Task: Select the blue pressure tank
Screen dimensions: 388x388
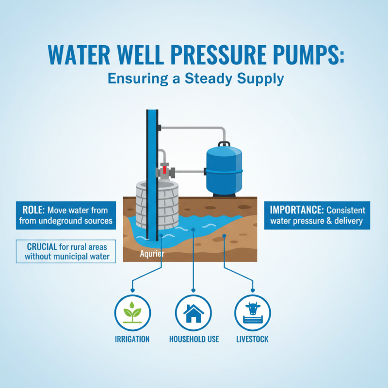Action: point(224,171)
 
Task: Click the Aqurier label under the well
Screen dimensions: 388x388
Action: point(152,253)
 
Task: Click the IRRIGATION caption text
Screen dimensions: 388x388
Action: point(132,339)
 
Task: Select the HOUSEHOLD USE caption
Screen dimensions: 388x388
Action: point(194,339)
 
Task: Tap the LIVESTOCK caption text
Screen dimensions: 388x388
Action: point(252,339)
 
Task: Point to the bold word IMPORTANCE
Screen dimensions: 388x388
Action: point(296,210)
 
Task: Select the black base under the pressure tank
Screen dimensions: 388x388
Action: point(224,195)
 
